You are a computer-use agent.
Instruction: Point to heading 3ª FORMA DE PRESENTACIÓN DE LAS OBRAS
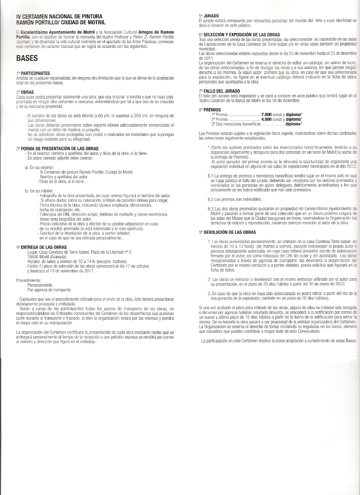58,149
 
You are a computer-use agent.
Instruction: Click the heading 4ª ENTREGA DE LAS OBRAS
41,246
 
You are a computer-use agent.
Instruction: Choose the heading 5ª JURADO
208,15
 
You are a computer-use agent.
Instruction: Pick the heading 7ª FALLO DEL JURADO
219,91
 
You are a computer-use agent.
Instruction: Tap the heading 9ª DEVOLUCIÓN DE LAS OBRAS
227,232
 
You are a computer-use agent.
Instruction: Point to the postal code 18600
33,257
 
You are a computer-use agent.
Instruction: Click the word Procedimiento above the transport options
28,280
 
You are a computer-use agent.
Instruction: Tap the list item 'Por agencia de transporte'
49,290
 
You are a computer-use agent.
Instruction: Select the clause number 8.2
210,199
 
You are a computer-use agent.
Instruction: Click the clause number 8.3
210,208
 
